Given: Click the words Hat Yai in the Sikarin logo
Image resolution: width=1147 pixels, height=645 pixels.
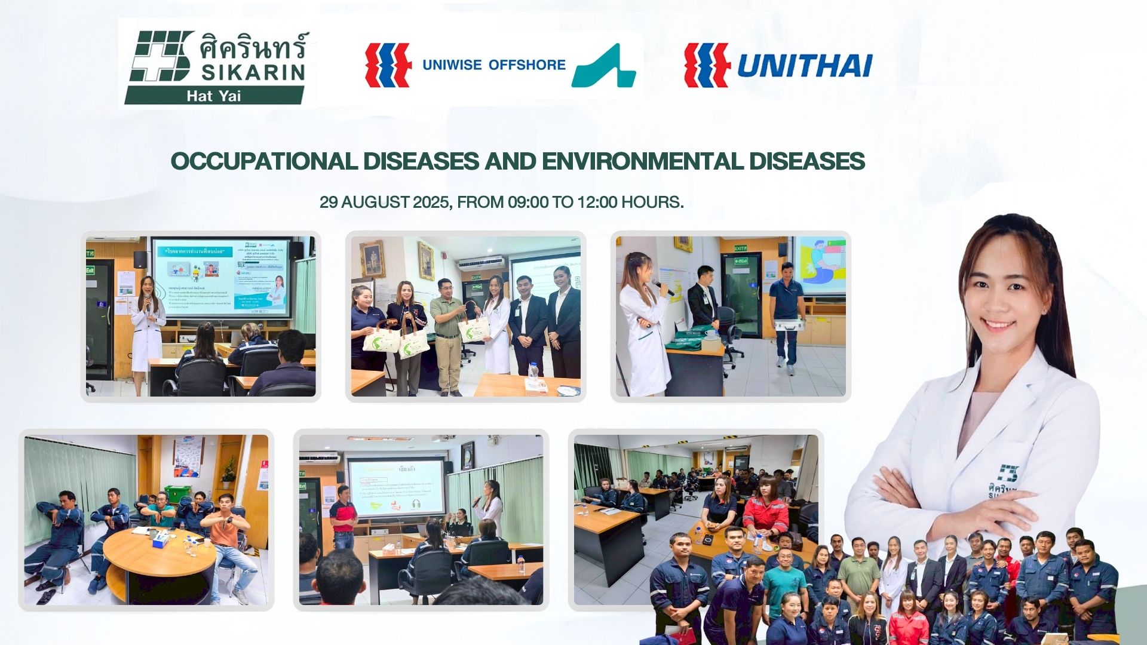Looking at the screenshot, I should (x=213, y=96).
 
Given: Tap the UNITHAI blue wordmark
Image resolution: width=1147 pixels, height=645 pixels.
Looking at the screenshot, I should (x=804, y=65).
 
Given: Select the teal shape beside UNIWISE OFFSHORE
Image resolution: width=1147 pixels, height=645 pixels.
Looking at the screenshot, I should (x=603, y=66).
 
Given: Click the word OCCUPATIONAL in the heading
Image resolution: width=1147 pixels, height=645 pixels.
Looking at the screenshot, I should (x=264, y=161).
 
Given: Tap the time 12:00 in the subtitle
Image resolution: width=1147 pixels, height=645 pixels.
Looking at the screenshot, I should (x=597, y=202).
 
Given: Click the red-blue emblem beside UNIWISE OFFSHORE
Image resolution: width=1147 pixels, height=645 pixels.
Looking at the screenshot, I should (x=388, y=64).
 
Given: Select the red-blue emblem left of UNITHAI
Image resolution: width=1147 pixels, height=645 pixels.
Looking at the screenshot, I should (x=707, y=64).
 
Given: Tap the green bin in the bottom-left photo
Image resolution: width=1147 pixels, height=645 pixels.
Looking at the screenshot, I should (x=174, y=494).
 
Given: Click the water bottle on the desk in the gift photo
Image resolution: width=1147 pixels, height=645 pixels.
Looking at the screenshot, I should (x=533, y=370).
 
